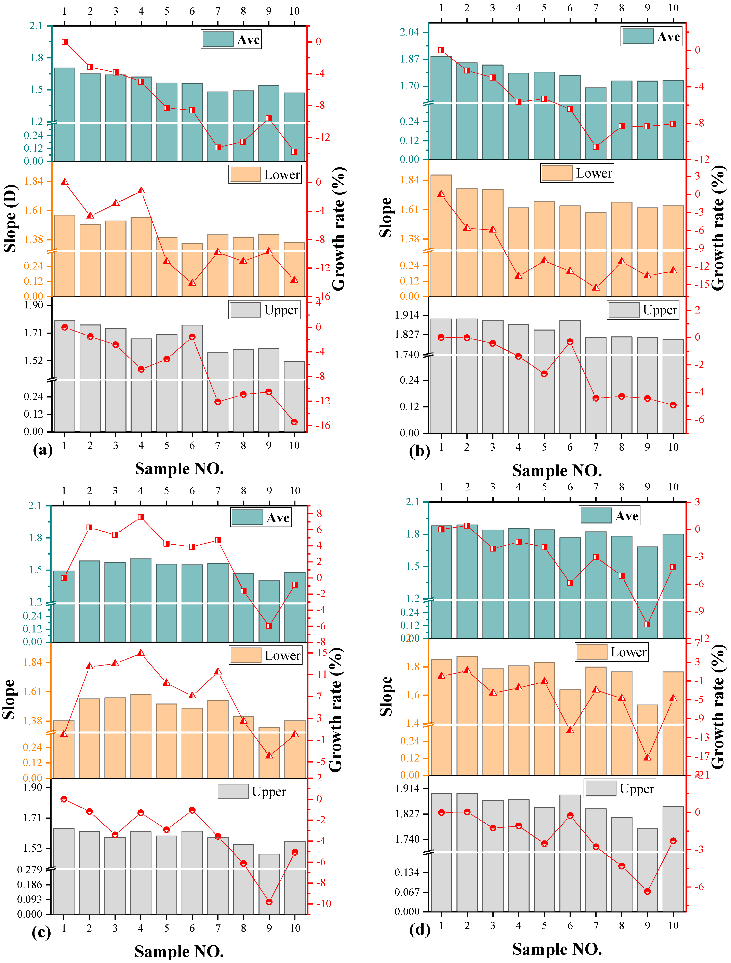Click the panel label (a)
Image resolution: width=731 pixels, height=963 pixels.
(43, 449)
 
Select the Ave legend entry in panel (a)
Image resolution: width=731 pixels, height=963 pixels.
(231, 40)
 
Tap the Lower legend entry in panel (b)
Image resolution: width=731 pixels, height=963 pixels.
(577, 173)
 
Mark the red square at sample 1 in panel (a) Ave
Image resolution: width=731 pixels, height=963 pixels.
(65, 42)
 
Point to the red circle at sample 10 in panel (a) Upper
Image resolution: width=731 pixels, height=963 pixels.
(294, 422)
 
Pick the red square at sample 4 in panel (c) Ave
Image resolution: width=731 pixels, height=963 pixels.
(141, 517)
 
